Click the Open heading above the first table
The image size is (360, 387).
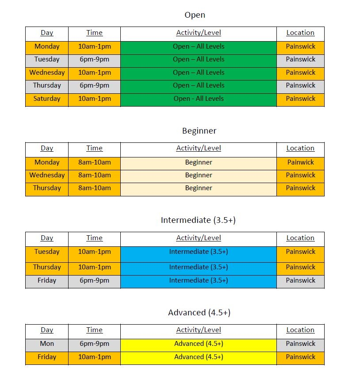[195, 15]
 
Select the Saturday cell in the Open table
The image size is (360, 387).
[47, 99]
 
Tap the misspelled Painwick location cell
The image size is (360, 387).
[300, 162]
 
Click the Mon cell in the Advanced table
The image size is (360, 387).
[47, 344]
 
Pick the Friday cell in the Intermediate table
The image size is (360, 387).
[47, 280]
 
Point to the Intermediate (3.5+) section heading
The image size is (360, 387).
[198, 220]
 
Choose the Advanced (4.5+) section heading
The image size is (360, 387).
[199, 313]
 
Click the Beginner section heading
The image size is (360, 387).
[199, 131]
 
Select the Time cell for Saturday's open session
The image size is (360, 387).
[94, 99]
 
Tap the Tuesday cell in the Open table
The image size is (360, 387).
[47, 59]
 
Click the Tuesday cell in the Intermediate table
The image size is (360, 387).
[47, 252]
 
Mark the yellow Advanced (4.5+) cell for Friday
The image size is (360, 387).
[199, 357]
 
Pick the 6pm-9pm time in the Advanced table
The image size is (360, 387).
[94, 344]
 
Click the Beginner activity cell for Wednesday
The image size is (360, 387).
[199, 175]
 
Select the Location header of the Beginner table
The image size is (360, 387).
[300, 149]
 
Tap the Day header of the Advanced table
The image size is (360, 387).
[47, 330]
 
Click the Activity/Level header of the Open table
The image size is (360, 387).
[199, 33]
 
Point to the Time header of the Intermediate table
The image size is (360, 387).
[94, 238]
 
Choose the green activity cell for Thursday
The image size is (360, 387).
[199, 85]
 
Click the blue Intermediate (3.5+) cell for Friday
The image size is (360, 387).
[199, 280]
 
